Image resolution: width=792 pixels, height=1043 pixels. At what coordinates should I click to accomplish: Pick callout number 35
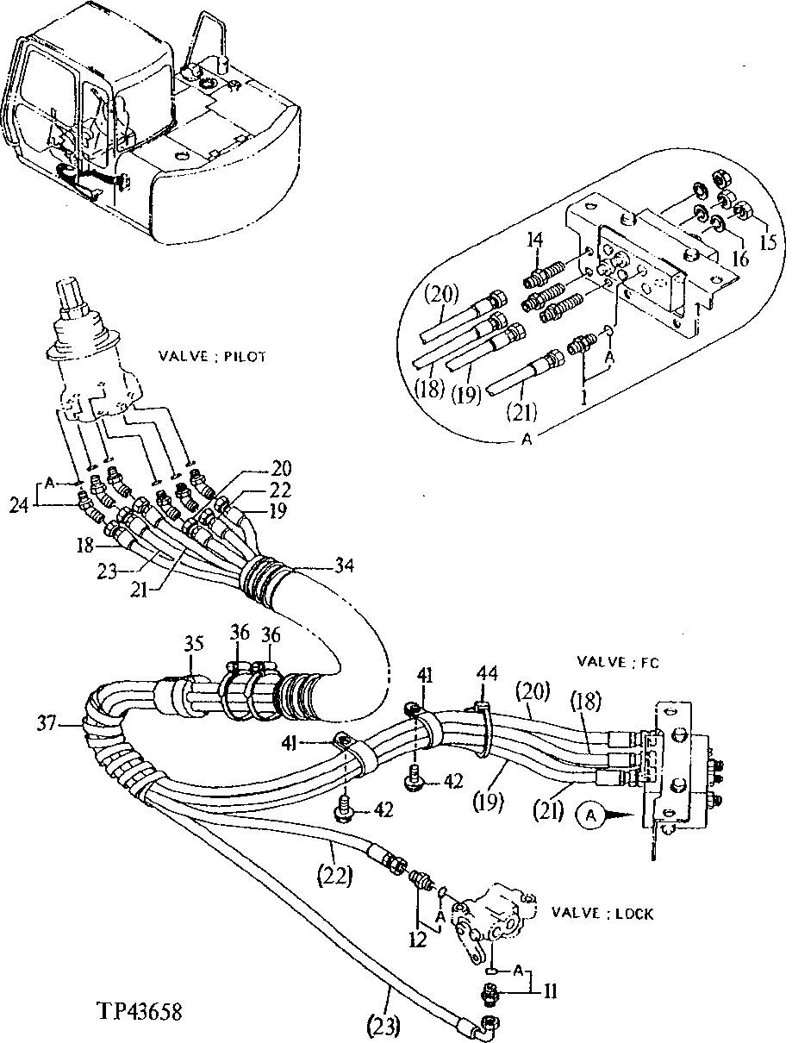(x=194, y=642)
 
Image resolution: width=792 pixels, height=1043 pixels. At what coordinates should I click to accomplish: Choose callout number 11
(x=548, y=992)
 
